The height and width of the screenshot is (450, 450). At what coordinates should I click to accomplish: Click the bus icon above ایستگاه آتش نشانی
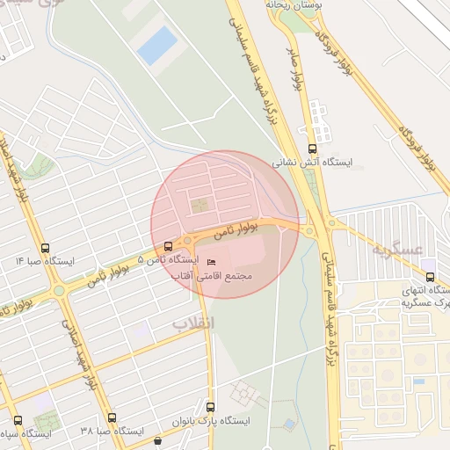coord(313,148)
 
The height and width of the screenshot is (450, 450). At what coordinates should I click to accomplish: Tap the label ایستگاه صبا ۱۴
coord(46,261)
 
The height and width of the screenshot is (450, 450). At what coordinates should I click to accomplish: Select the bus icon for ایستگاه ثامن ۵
coord(169,246)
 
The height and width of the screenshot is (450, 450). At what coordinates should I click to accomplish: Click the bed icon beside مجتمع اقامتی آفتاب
coord(210,262)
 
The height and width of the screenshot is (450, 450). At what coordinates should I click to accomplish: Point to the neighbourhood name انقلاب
coord(192,323)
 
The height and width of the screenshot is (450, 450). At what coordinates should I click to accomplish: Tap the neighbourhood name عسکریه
coord(391,249)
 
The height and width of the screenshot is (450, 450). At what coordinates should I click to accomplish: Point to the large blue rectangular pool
coord(157,45)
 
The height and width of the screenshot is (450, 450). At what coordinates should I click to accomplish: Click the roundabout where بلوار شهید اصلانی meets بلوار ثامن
coord(58,289)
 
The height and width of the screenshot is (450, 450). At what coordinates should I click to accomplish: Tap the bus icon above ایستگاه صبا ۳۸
coord(112,417)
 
